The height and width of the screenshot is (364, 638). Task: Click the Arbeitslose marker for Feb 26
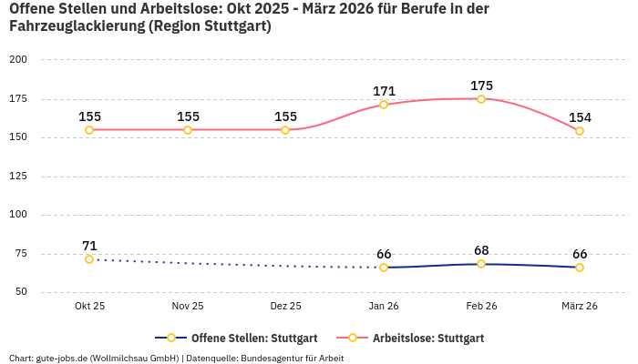[481, 98]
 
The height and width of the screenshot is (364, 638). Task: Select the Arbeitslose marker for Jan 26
[384, 105]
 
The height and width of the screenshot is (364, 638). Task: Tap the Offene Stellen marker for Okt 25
[89, 259]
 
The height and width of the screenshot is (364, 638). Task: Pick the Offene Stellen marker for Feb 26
[481, 264]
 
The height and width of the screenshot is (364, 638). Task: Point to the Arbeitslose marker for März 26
[579, 131]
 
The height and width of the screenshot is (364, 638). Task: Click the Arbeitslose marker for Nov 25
[188, 130]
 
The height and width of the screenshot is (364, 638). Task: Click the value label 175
[481, 86]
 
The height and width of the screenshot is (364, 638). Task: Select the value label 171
[384, 91]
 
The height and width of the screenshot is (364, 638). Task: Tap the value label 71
[89, 246]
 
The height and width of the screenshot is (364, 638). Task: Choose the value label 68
[481, 250]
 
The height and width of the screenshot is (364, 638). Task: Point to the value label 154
[579, 117]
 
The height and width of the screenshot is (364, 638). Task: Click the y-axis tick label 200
[18, 60]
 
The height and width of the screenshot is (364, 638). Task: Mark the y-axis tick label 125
[18, 177]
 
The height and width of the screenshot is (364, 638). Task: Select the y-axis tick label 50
[21, 292]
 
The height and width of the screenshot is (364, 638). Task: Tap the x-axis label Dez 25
[285, 307]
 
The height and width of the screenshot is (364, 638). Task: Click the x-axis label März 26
[579, 307]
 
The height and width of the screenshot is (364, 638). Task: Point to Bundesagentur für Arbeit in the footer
[292, 358]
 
